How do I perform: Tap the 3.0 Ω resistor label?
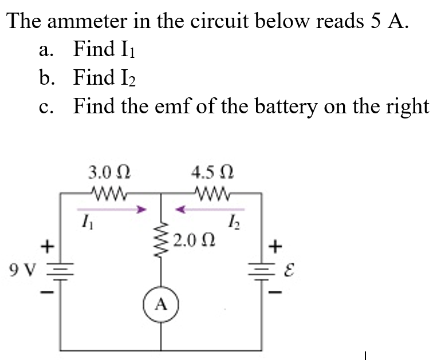109,171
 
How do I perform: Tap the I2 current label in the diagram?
234,218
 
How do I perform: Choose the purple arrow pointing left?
210,209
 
